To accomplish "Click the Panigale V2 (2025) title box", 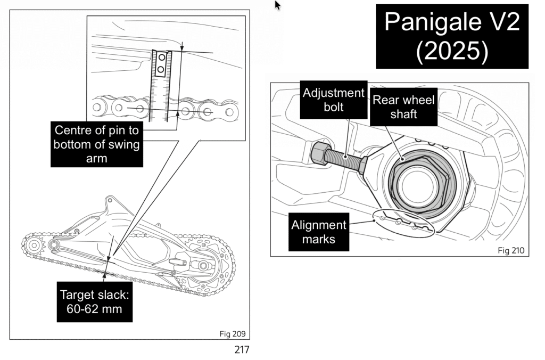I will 452,36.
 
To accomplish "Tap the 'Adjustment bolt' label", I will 334,100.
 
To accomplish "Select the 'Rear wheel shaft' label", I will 403,107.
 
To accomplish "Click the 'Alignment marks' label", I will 319,232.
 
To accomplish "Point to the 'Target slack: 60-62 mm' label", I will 94,302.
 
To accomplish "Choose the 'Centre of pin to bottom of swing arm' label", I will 97,144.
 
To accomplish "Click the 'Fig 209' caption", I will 232,334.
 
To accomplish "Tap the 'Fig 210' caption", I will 510,250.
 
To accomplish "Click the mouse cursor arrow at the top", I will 277,5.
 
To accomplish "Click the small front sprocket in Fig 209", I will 34,246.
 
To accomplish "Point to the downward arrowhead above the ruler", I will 181,47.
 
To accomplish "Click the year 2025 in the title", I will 452,51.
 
